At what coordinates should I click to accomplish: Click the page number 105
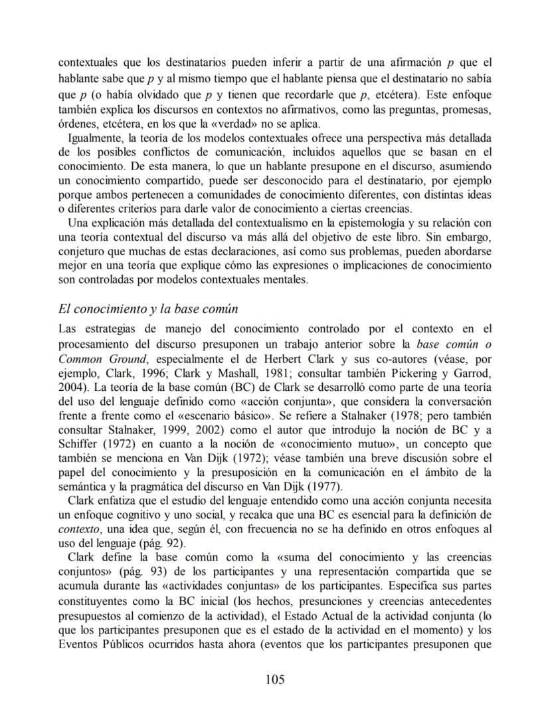275,679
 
